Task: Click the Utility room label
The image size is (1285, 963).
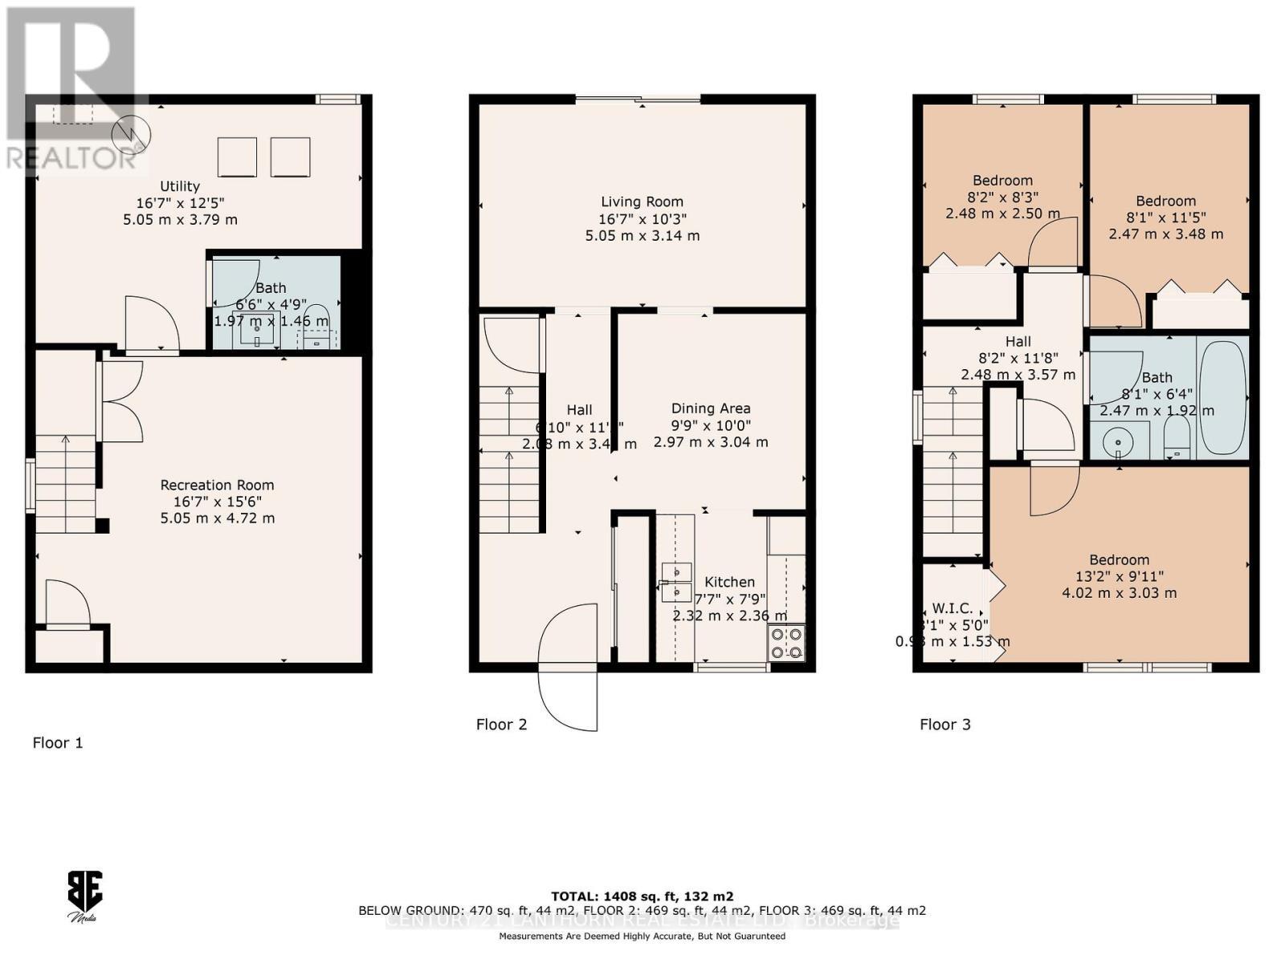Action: click(x=179, y=186)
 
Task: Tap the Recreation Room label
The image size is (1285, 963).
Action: click(x=217, y=485)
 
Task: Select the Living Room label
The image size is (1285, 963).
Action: click(x=642, y=202)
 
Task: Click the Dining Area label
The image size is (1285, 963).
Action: click(x=710, y=408)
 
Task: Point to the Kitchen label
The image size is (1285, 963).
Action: click(x=729, y=582)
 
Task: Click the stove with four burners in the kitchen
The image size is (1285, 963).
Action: click(x=786, y=642)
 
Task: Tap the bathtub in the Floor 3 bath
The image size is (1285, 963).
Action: click(x=1222, y=397)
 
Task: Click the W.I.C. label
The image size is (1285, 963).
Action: click(x=952, y=608)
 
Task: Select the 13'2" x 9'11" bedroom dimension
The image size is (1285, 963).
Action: click(x=1119, y=576)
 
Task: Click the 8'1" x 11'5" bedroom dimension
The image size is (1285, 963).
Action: click(x=1165, y=217)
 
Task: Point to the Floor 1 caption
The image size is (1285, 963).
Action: click(x=57, y=743)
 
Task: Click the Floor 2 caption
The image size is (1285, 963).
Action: click(x=501, y=725)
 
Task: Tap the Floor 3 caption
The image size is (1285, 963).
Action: click(x=944, y=725)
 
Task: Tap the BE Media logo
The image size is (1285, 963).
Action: click(x=84, y=896)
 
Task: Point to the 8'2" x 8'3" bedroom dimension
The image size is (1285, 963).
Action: click(x=1002, y=197)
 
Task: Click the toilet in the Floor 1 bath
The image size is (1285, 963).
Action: click(x=317, y=317)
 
